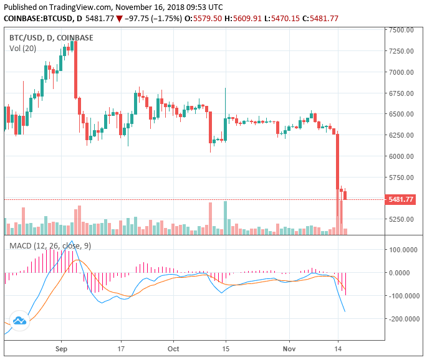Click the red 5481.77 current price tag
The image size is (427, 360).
(x=401, y=200)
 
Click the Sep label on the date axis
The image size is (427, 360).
(x=60, y=349)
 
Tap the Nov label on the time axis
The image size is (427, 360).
(x=289, y=349)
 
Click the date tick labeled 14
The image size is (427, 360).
(x=338, y=349)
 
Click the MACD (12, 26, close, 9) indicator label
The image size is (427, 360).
(x=50, y=246)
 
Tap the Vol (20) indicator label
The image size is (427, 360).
(x=22, y=48)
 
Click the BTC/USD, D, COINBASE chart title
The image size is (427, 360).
(x=51, y=37)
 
